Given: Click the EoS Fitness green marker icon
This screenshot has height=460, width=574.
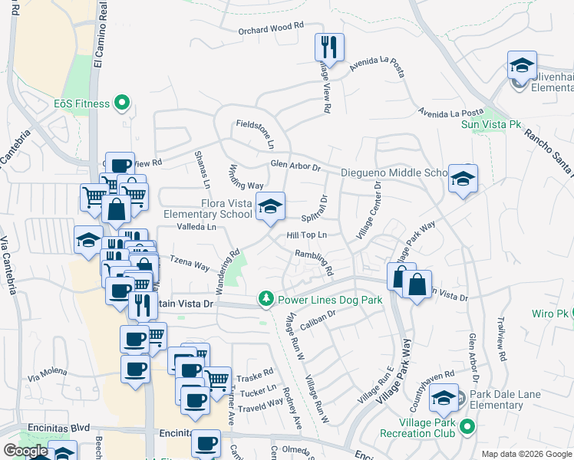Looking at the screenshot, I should click(120, 102).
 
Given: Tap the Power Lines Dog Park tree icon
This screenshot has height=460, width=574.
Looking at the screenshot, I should click(266, 298).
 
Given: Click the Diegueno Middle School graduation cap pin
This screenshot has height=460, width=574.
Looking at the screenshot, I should click(463, 179).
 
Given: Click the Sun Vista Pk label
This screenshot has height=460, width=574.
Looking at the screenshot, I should click(490, 123).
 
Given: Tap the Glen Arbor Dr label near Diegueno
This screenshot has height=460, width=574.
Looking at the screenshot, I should click(294, 166).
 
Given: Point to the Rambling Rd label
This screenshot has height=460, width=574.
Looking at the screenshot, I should click(315, 264).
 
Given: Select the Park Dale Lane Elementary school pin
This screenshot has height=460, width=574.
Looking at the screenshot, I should click(444, 398).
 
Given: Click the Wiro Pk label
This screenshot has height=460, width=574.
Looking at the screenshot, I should click(547, 314).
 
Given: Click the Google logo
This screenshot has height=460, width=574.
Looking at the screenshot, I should click(25, 451).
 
